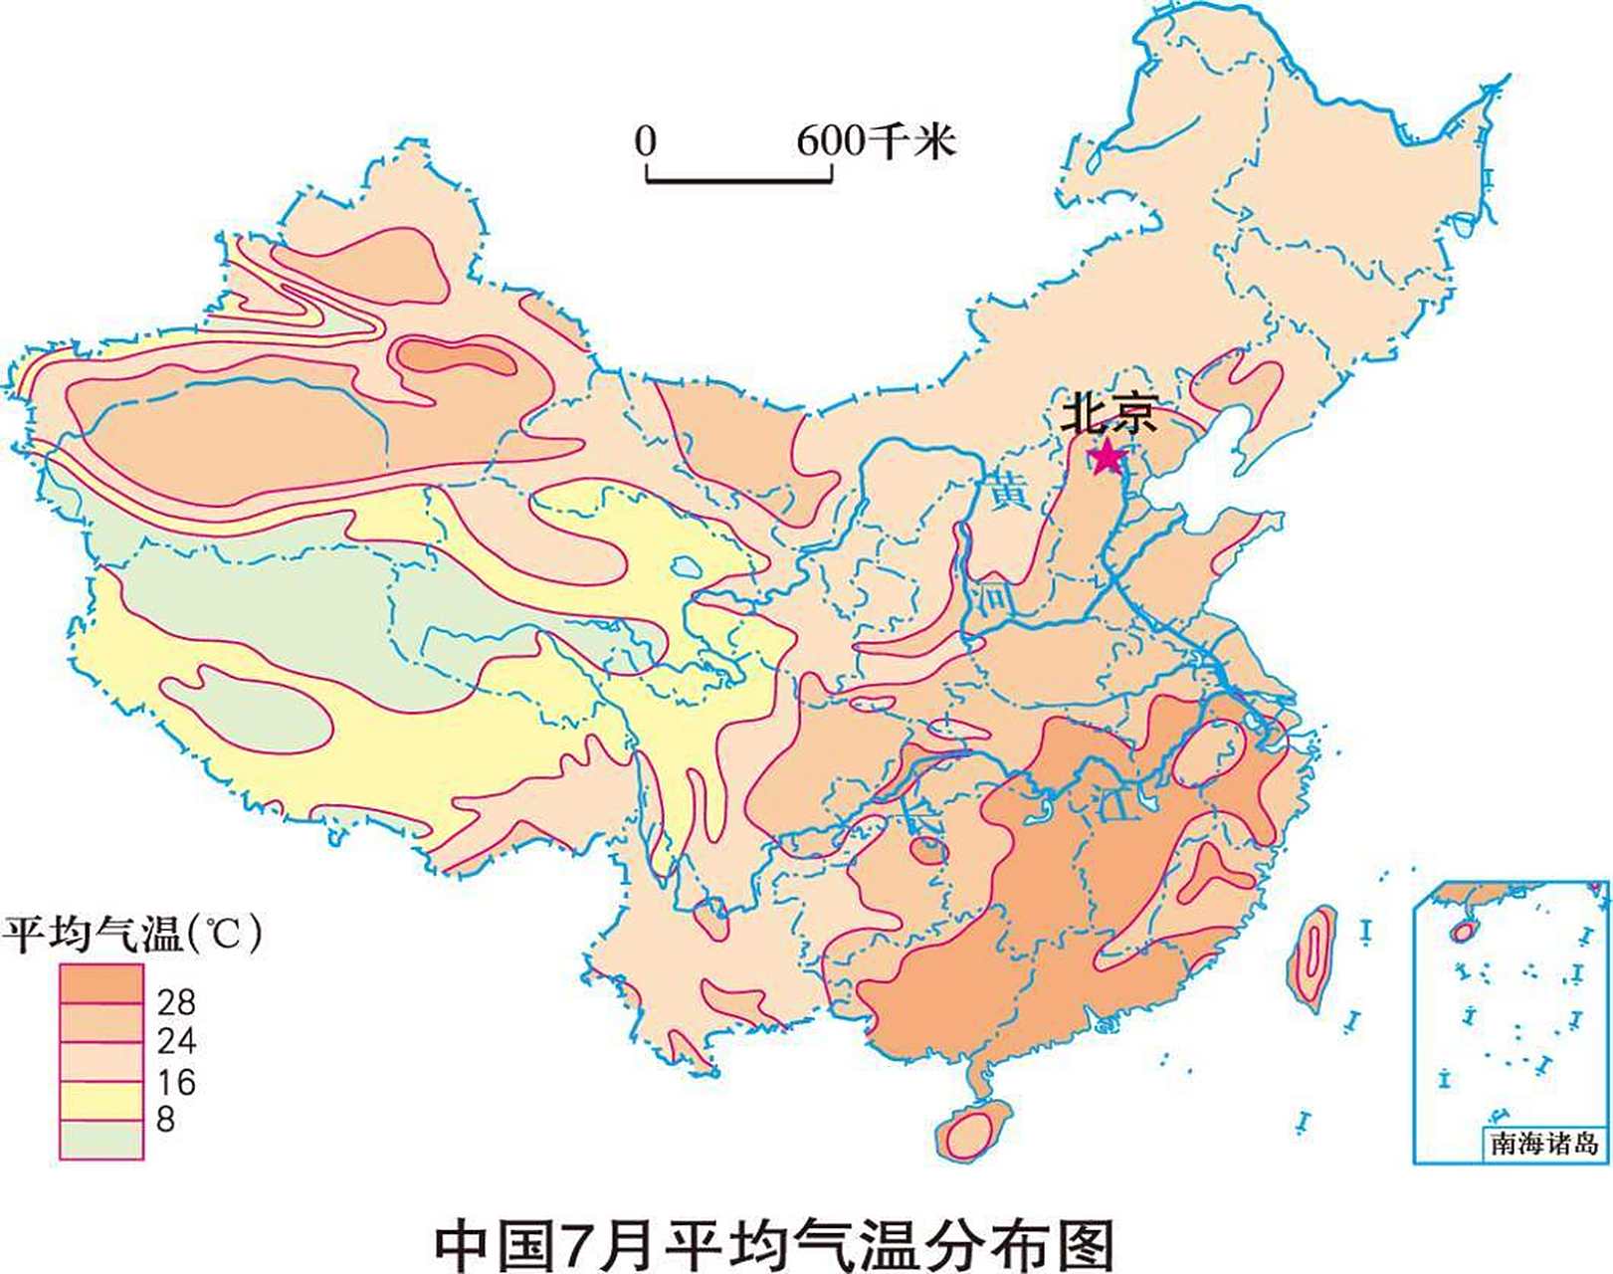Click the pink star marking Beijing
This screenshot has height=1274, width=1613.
tap(1107, 457)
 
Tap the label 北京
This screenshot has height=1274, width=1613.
tap(1109, 414)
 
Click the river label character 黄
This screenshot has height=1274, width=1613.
tap(1008, 491)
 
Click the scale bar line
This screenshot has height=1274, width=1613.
tap(739, 180)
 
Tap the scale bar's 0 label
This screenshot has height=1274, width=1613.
tap(646, 141)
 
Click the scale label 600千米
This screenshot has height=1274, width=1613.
tap(876, 141)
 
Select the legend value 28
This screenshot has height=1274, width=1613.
tap(176, 1001)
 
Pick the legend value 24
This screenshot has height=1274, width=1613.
tap(176, 1041)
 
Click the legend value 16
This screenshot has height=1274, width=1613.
tap(176, 1082)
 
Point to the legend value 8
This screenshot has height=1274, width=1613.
tap(165, 1120)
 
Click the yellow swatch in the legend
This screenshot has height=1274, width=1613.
tap(101, 1102)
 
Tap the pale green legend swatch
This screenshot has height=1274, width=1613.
tap(101, 1141)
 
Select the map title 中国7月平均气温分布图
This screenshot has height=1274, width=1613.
tap(775, 1243)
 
